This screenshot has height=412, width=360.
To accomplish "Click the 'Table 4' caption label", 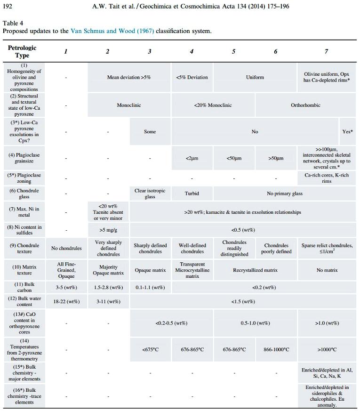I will click(13, 23).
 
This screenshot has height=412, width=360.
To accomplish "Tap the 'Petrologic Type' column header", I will click(22, 51).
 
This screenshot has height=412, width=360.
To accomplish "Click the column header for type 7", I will click(326, 51).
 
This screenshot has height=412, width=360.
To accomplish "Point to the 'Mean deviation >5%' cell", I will click(129, 77).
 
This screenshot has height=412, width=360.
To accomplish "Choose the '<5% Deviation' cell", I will click(192, 77).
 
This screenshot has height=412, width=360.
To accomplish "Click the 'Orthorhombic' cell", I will click(305, 105).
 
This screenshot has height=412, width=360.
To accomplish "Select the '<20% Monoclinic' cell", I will click(213, 105).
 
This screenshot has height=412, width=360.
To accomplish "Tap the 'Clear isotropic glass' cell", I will click(150, 194).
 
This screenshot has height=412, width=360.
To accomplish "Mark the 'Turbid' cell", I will click(192, 194).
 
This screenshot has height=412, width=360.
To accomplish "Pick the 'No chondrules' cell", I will click(66, 248).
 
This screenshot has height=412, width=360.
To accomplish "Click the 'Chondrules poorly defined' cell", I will click(276, 248).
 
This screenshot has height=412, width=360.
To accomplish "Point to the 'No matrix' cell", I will click(327, 270).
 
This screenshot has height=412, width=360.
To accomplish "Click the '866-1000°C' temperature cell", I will click(276, 349).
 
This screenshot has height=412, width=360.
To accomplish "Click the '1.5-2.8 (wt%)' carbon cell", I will click(108, 287).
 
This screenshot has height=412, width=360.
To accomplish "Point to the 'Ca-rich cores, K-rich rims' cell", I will click(327, 178).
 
